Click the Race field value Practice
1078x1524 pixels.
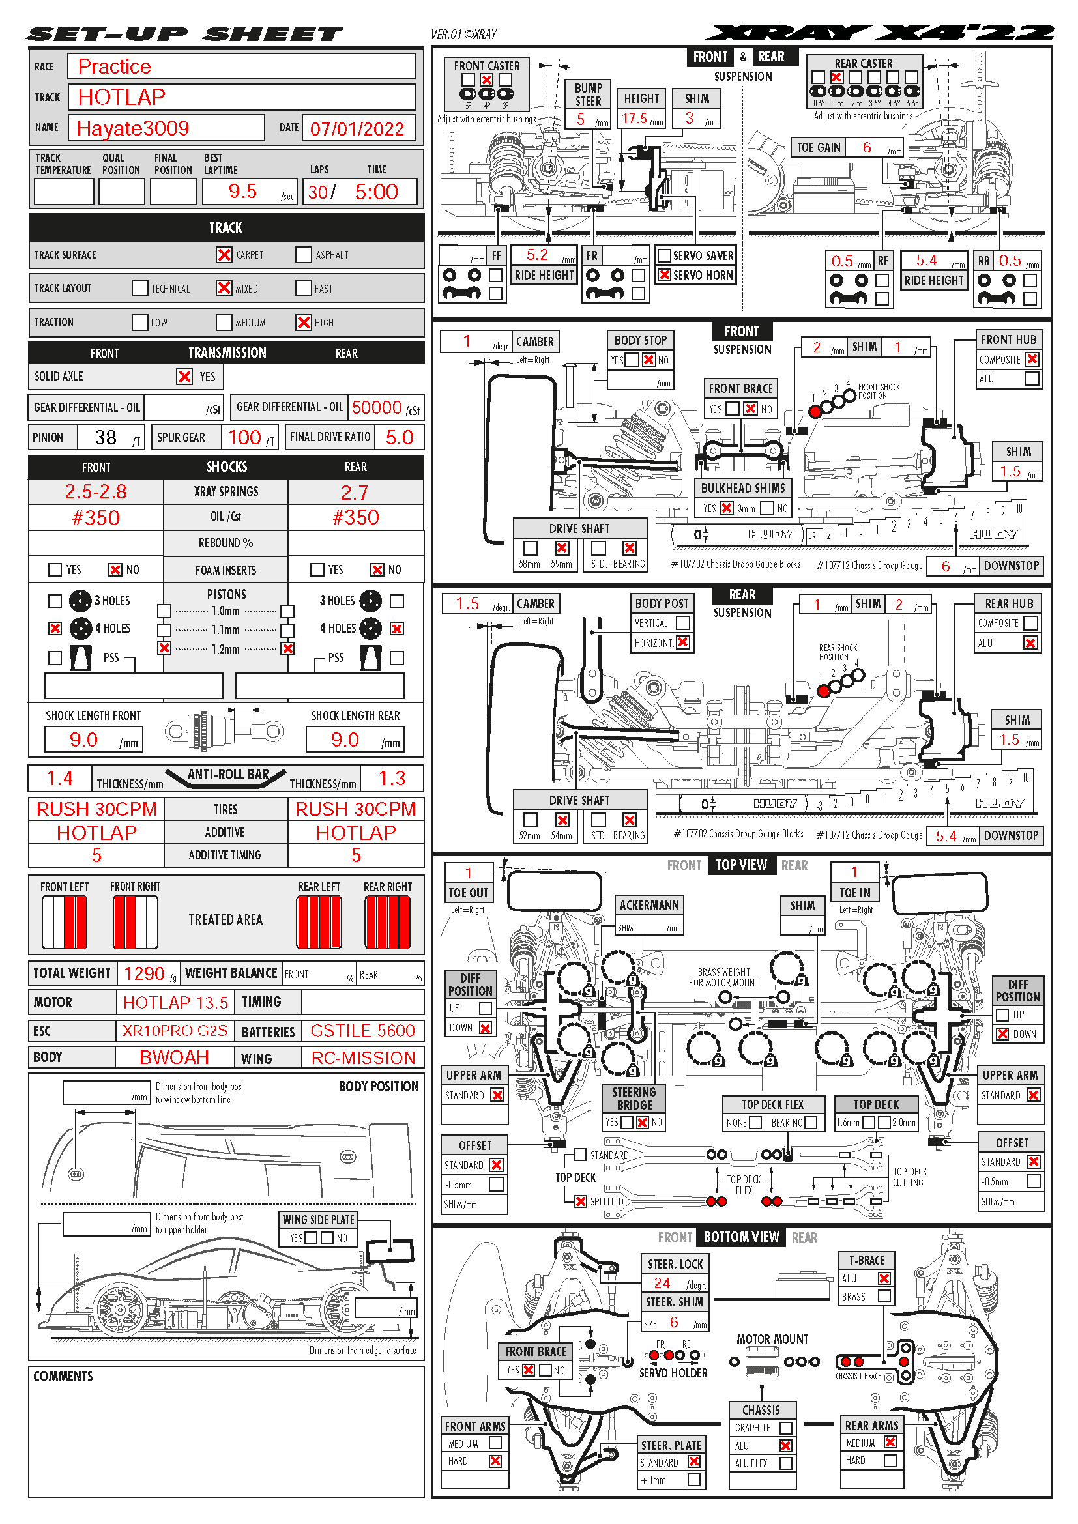tap(114, 67)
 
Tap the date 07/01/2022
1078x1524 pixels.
tap(357, 129)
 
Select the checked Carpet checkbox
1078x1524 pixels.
tap(224, 255)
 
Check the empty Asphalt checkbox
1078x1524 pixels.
tap(303, 255)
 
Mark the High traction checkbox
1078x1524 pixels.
tap(303, 323)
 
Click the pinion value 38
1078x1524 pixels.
tap(106, 437)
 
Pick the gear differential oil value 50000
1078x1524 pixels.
tap(376, 407)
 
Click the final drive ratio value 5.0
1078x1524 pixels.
tap(399, 437)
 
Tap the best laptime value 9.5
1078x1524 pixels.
tap(242, 192)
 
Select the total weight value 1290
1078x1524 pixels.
tap(144, 973)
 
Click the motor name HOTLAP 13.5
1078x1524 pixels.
tap(175, 1003)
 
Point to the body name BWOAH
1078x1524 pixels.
tap(174, 1058)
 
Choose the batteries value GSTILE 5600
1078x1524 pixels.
tap(362, 1031)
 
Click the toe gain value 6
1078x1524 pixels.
tap(866, 147)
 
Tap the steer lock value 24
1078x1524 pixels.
tap(662, 1283)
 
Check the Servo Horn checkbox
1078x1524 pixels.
tap(663, 275)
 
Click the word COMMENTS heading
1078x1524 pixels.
tap(63, 1377)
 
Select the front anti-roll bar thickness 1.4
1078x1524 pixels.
tap(60, 779)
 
